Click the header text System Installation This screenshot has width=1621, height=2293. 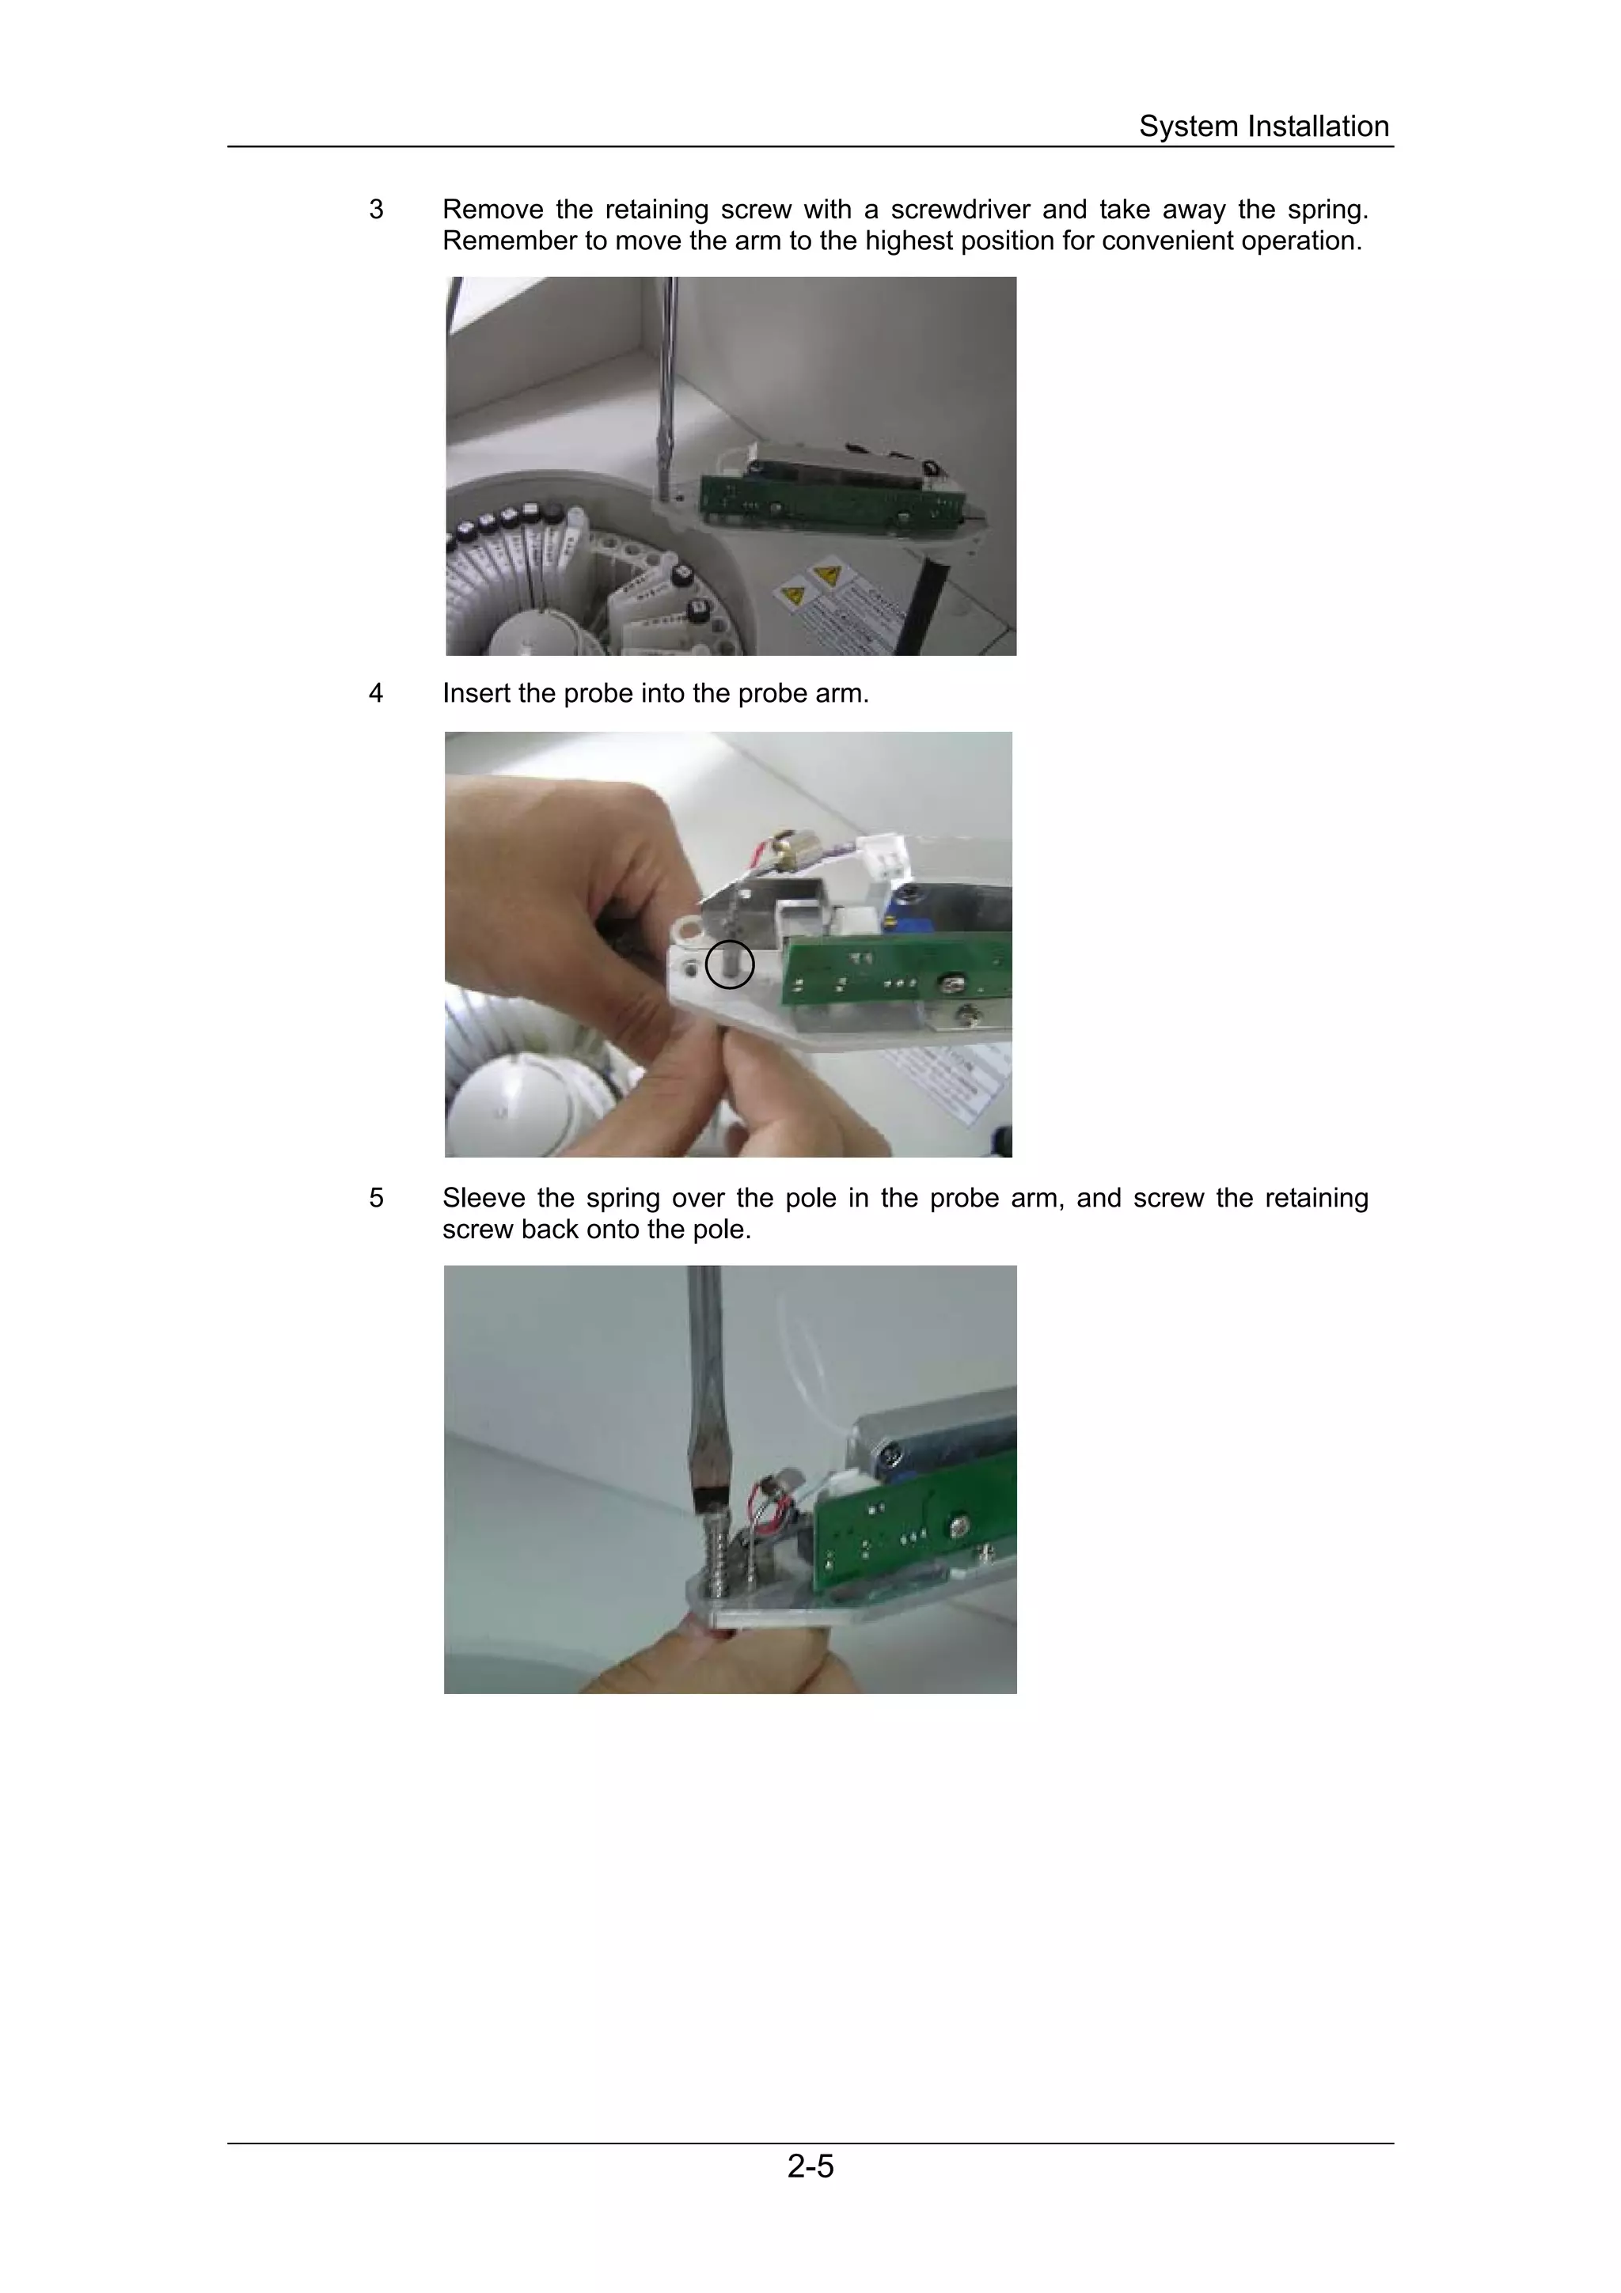point(1262,127)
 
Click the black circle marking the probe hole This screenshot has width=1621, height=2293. point(729,964)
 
